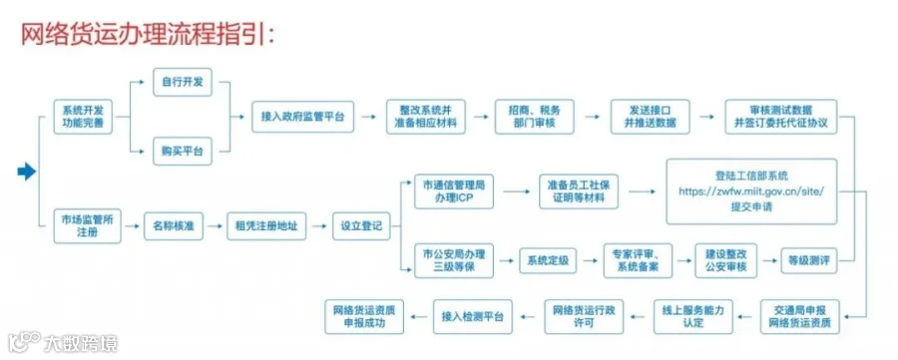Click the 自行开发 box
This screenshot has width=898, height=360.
[183, 83]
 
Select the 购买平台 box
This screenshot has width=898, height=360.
[183, 152]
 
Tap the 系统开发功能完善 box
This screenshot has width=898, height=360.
[83, 117]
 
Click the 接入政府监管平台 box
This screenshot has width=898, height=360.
[302, 117]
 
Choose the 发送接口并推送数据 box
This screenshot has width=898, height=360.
[650, 117]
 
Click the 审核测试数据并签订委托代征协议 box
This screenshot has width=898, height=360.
[780, 117]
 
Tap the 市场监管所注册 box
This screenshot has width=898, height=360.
[87, 226]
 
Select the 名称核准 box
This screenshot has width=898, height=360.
[173, 226]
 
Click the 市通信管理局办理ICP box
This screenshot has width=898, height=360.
[454, 191]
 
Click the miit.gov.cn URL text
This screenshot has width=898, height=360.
[751, 191]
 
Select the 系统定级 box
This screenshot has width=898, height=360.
[548, 260]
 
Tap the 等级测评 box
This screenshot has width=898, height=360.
[808, 260]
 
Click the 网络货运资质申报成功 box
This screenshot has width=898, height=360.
[363, 316]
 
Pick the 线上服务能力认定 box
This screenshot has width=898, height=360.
[693, 316]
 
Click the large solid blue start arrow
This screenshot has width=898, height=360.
[27, 172]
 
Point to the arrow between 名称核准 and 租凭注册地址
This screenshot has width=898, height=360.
[215, 226]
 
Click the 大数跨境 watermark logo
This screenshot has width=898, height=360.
[63, 342]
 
